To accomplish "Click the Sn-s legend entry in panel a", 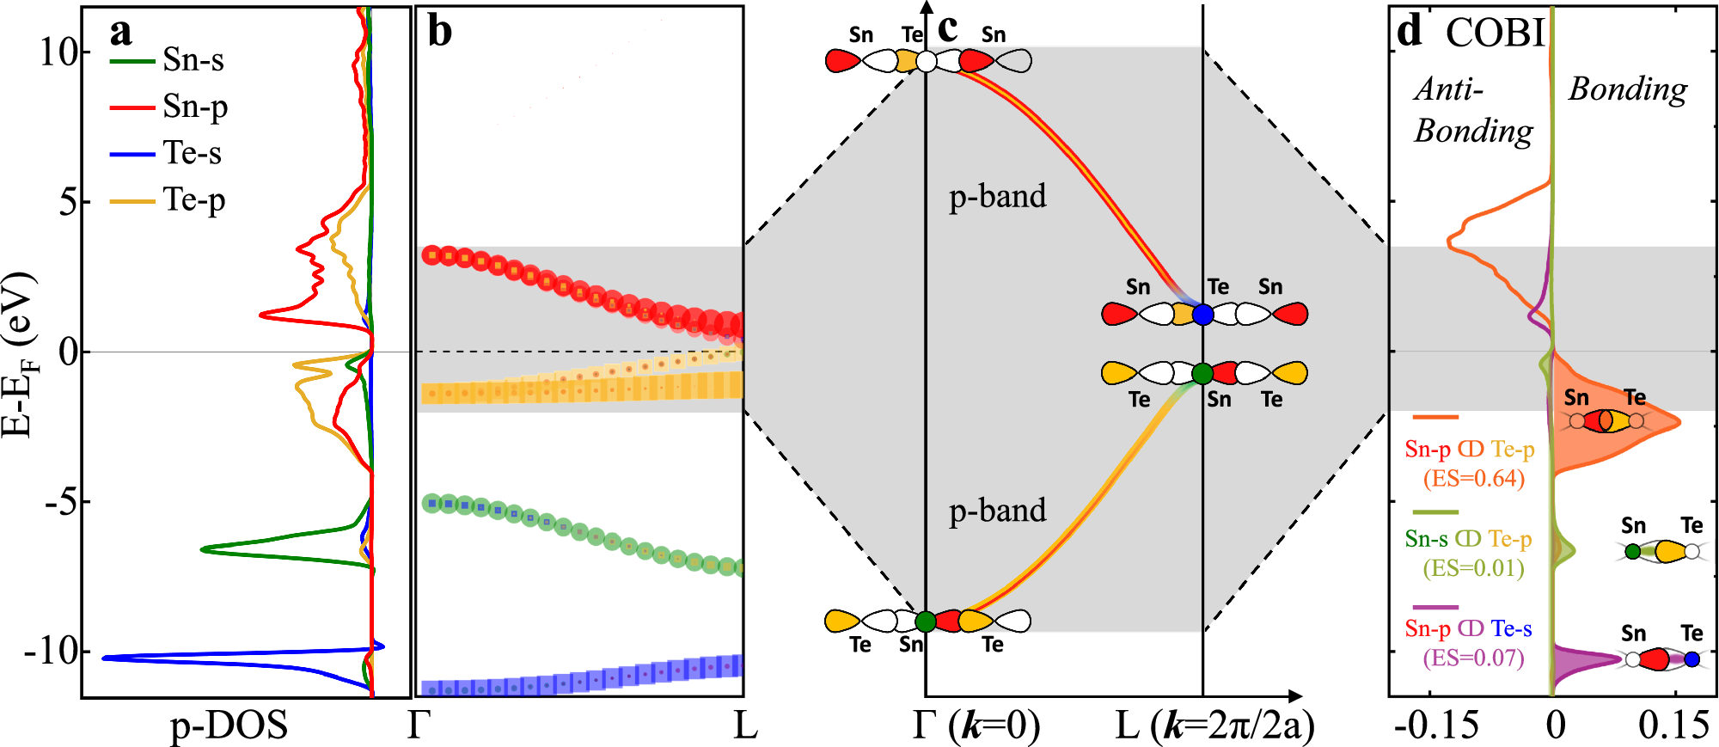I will (193, 60).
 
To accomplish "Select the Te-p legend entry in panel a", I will (193, 200).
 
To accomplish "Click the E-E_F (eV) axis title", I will (19, 355).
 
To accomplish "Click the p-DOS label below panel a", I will (229, 726).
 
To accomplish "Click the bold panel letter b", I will (439, 33).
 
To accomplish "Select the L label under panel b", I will (745, 726).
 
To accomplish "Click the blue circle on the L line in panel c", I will (1202, 315).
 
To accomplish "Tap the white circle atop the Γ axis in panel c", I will (926, 61).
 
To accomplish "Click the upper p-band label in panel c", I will (997, 197).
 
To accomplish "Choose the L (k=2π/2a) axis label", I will (1214, 726).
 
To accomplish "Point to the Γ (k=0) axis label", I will (976, 726).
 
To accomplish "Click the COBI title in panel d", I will (1495, 33).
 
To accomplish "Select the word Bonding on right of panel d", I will (1627, 89).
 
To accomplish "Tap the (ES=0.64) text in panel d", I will (1473, 479).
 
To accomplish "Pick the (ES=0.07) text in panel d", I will (1473, 658).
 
